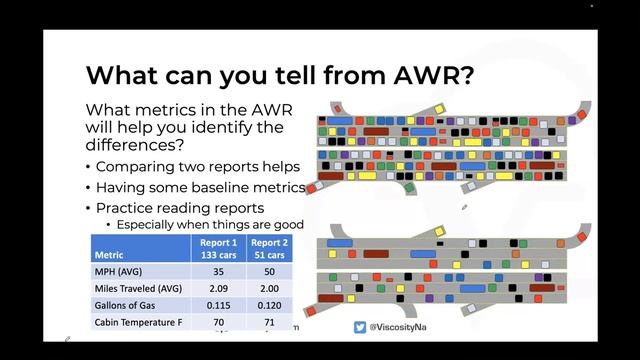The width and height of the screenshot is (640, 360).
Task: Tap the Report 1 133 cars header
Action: point(218,248)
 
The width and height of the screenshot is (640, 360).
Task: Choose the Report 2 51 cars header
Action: point(269,248)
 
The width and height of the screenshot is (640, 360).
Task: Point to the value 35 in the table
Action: point(218,271)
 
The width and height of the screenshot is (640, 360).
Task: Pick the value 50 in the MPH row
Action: point(269,271)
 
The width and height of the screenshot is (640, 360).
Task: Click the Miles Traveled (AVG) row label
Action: point(137,288)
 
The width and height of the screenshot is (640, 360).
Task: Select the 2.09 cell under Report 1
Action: point(218,288)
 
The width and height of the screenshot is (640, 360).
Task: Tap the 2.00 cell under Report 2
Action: point(269,288)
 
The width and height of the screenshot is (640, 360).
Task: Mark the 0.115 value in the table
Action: point(218,305)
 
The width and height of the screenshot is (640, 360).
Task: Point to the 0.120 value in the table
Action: point(269,305)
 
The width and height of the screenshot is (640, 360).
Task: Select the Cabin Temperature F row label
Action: point(140,322)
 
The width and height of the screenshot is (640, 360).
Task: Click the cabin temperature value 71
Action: point(269,322)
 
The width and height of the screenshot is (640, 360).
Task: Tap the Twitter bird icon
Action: point(360,327)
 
